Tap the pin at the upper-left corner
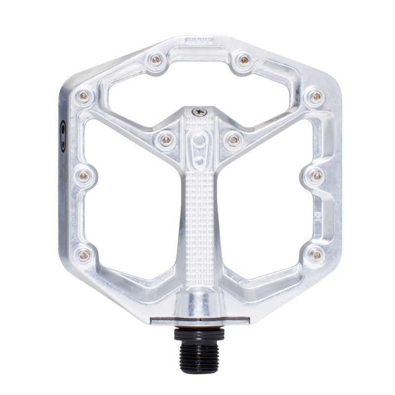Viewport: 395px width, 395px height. [x=83, y=95]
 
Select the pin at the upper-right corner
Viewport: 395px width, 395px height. [x=312, y=95]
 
